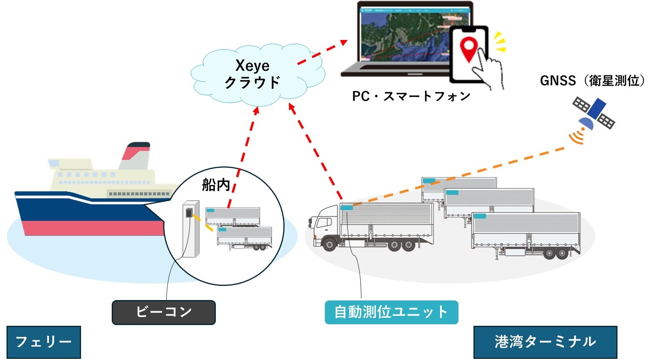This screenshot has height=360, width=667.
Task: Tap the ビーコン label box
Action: [x=164, y=312]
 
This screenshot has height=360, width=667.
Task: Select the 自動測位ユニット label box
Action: [x=391, y=312]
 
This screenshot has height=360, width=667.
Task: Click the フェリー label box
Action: [x=43, y=342]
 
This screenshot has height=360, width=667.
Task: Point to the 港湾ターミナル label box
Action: [x=545, y=342]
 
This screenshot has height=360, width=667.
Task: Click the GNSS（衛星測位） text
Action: [x=592, y=81]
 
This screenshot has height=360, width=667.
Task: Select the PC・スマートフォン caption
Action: [x=411, y=96]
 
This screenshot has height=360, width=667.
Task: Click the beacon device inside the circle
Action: [x=190, y=229]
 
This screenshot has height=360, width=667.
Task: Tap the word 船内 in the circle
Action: [x=216, y=185]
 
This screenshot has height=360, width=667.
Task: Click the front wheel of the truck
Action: [x=329, y=244]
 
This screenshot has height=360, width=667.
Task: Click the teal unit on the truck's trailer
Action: [x=347, y=208]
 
